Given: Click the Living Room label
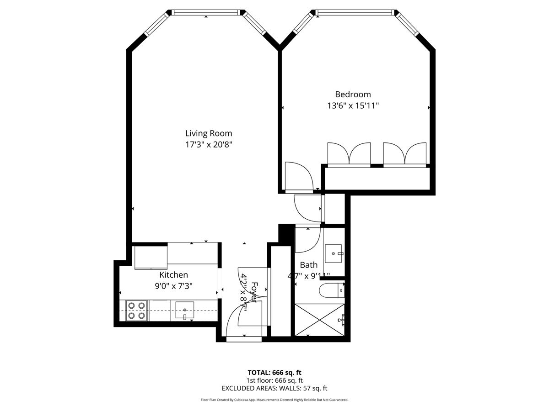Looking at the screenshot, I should click(209, 133).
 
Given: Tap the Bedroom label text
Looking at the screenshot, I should click(353, 94).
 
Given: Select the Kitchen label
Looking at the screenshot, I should click(173, 275).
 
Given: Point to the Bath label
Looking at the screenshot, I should click(308, 264).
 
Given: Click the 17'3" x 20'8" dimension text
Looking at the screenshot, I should click(209, 145).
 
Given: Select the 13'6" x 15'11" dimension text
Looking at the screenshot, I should click(353, 106).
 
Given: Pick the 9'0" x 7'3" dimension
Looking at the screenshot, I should click(173, 286).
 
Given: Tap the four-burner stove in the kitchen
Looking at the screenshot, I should click(136, 310).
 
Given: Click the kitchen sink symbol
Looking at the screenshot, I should click(184, 311).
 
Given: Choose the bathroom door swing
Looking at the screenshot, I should click(307, 240).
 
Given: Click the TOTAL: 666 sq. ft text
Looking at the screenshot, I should click(274, 372).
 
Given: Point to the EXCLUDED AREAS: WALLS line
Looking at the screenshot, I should click(274, 389).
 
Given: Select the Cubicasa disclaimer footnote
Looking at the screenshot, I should click(274, 400).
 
